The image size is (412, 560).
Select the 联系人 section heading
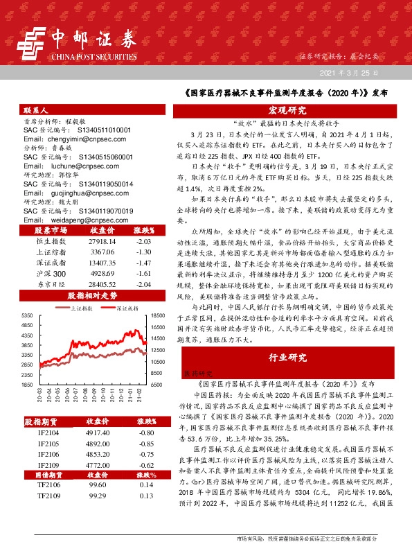click(x=35, y=110)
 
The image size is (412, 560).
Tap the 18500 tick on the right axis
click(x=156, y=315)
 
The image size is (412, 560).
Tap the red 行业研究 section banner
click(x=287, y=357)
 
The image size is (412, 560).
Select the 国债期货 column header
click(x=49, y=476)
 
